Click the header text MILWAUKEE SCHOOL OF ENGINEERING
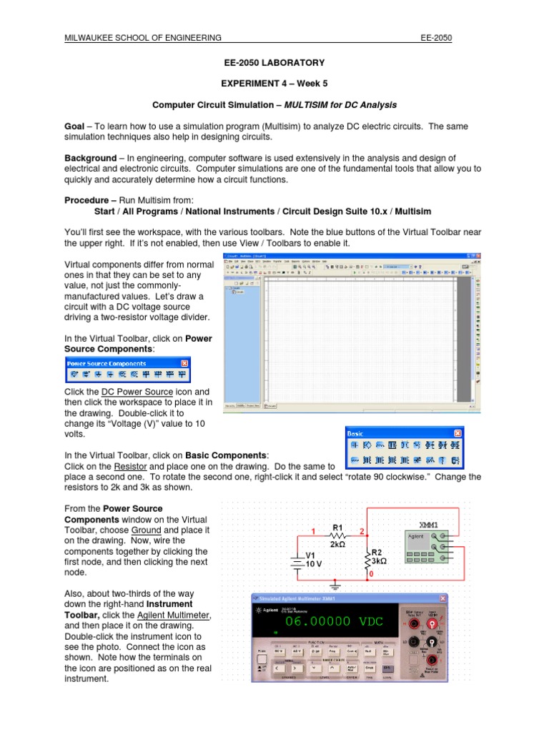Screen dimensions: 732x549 142,38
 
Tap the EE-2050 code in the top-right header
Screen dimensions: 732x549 437,38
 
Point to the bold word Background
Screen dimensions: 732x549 90,157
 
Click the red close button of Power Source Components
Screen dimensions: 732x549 184,363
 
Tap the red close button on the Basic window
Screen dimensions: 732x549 458,433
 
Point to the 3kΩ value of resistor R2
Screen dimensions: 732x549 379,562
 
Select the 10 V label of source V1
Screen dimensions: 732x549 315,564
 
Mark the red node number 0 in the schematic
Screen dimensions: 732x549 369,574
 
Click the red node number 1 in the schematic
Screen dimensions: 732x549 312,530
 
